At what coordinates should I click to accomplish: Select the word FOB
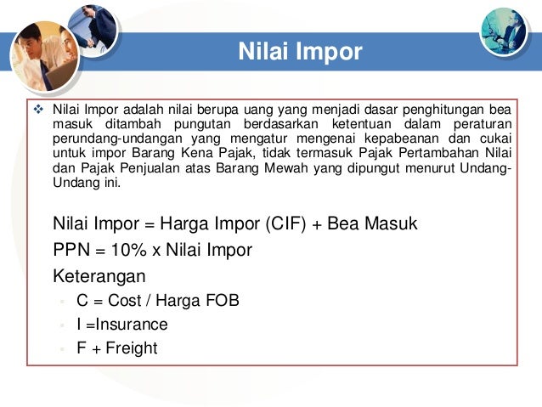[223, 301]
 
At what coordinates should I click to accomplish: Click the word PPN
[71, 250]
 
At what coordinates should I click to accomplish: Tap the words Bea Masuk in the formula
[377, 224]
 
